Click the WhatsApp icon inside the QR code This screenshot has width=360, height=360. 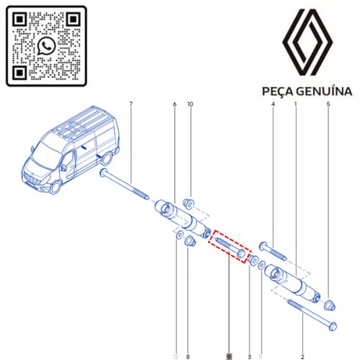tap(47, 45)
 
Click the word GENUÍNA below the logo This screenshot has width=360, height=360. tap(325, 91)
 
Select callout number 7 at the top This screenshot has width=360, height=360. tap(131, 106)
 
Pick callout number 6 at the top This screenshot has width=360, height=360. tap(174, 106)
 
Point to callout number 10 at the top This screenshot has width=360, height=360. tap(191, 106)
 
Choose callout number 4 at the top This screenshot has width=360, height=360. tap(273, 106)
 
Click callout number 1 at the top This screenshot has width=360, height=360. tap(295, 106)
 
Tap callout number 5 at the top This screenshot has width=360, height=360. tap(328, 106)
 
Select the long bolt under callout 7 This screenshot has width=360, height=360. tap(125, 185)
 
